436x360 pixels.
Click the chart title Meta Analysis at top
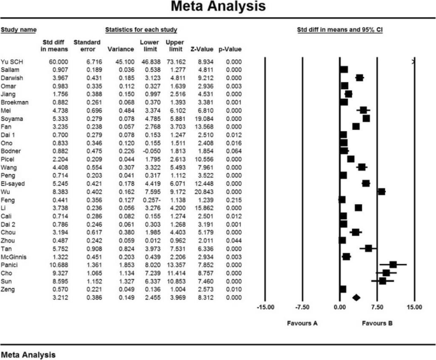[x=218, y=8]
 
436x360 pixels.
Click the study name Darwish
[x=13, y=78]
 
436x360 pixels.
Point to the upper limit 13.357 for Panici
[x=174, y=265]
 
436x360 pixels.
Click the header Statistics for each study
[x=141, y=30]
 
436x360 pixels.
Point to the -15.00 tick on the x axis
[x=265, y=306]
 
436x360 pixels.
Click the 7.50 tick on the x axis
[x=377, y=306]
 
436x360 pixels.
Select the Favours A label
[x=302, y=323]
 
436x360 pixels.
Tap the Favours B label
[x=377, y=323]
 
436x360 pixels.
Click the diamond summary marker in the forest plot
[x=356, y=297]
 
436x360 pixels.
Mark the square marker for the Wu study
[x=381, y=191]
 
